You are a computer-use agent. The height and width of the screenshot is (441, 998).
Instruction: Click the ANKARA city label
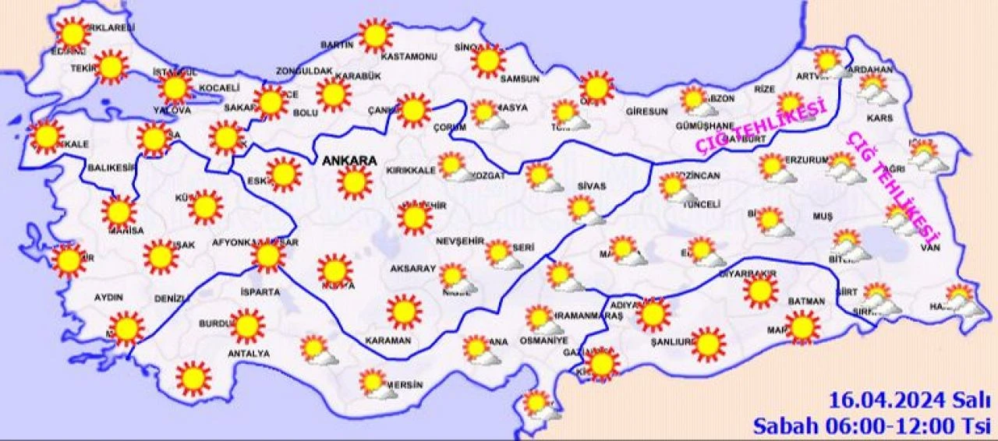349,161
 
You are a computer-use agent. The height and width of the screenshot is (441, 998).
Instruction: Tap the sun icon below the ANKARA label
354,182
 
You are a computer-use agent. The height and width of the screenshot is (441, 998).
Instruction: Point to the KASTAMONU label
408,57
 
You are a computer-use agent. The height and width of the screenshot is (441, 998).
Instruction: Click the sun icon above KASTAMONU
376,36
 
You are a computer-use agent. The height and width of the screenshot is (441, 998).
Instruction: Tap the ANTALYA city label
249,354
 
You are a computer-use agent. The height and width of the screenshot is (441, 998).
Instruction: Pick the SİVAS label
591,187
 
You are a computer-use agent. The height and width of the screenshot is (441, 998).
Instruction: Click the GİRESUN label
646,111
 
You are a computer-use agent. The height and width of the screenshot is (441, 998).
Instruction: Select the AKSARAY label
413,269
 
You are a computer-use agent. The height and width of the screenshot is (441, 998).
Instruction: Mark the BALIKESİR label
111,168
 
